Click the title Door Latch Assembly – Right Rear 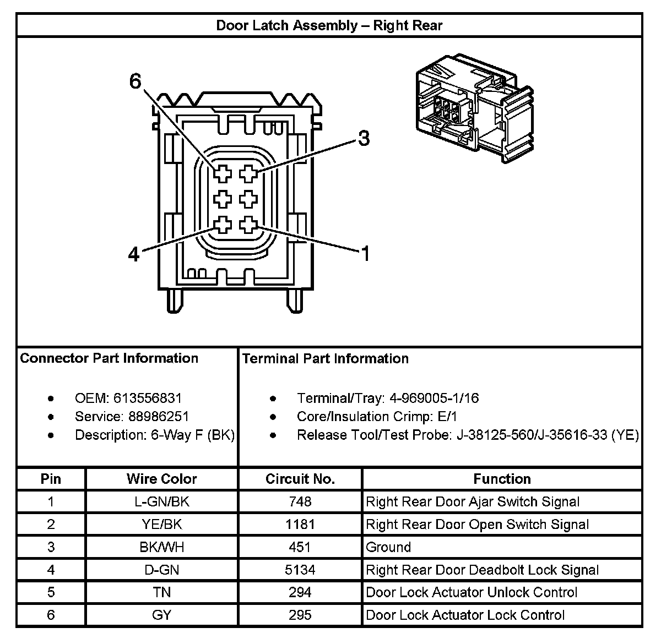329,25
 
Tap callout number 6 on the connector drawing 136,82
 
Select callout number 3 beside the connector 364,138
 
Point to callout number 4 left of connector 134,254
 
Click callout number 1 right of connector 365,254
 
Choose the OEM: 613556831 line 128,398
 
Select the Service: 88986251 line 132,417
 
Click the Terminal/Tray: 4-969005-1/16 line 388,398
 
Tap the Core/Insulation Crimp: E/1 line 377,417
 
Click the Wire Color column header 161,479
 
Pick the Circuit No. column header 300,479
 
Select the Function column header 502,479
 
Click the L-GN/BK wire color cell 161,501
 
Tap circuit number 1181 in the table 300,525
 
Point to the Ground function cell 388,547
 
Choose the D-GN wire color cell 161,570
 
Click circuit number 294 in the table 300,592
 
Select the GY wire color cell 161,615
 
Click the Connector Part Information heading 109,358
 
